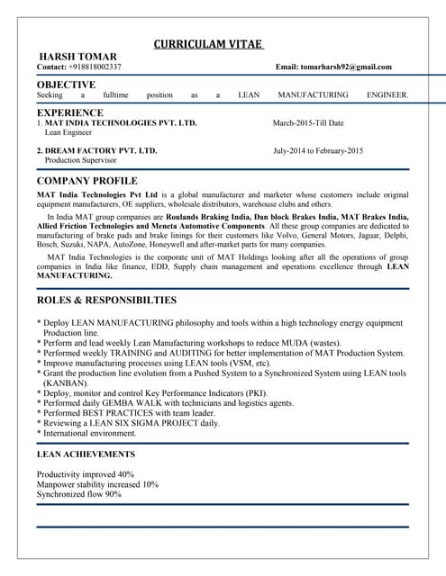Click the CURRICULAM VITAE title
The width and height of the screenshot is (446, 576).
click(207, 44)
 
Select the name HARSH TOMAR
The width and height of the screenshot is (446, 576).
click(70, 57)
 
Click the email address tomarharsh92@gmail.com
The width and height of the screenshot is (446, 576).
click(346, 67)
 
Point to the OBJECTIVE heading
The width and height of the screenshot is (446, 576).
click(66, 84)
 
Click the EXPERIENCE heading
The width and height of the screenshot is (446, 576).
click(69, 112)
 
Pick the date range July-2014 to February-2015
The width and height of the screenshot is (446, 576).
click(318, 150)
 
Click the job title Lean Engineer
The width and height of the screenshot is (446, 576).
click(68, 132)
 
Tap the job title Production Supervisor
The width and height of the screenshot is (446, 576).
click(81, 160)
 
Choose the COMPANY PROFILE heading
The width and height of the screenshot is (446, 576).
click(86, 181)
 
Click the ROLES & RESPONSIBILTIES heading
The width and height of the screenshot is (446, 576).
click(106, 300)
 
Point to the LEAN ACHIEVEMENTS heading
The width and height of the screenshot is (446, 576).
click(86, 454)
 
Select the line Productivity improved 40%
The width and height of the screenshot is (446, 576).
click(86, 474)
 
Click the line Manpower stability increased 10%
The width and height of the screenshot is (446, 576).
click(97, 484)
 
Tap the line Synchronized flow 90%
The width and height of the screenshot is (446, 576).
click(78, 494)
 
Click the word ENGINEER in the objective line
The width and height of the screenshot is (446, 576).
click(387, 94)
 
